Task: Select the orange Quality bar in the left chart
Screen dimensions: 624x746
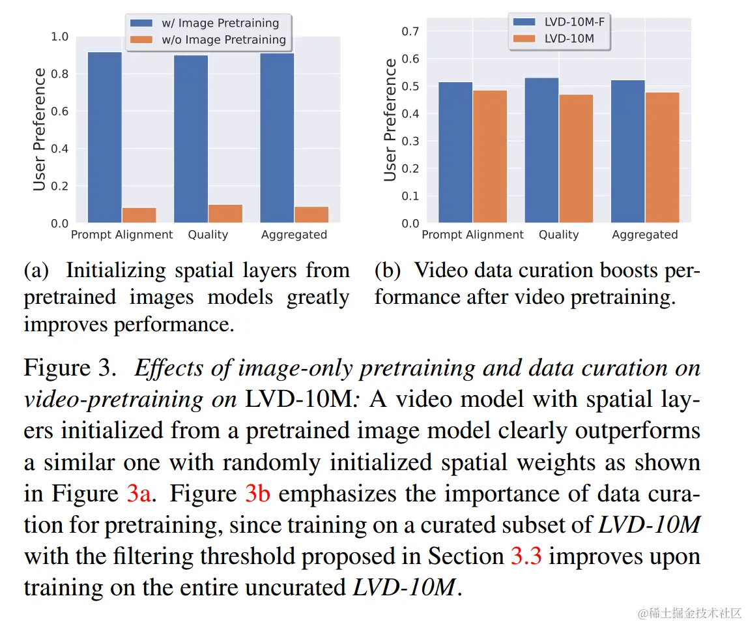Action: coord(225,214)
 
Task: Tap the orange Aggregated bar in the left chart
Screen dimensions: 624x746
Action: coord(311,215)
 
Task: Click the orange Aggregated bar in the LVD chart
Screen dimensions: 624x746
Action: coord(662,157)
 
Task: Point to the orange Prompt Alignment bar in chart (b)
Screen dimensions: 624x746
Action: coord(490,156)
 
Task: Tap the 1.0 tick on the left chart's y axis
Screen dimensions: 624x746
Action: coord(59,37)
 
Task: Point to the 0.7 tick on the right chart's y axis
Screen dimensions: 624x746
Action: coord(410,31)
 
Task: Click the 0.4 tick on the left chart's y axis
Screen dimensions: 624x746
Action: coord(59,149)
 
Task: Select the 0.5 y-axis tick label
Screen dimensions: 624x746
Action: coord(410,87)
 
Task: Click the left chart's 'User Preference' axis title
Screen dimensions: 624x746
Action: coord(40,130)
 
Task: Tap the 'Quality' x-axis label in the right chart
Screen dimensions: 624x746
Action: coord(558,235)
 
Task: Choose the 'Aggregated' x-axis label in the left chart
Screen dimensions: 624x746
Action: coord(294,235)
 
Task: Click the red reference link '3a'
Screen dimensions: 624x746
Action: coord(139,494)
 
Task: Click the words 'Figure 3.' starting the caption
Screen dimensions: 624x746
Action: coord(70,368)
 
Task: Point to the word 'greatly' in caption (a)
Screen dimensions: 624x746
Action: coord(318,297)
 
